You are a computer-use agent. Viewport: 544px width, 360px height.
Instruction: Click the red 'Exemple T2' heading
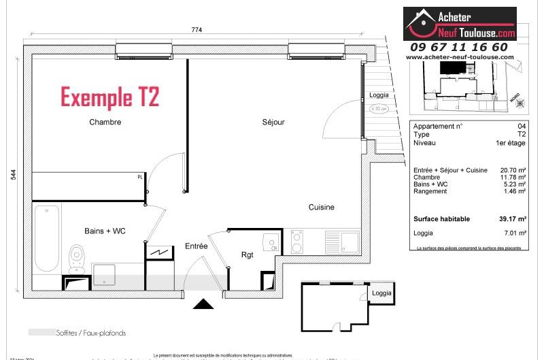pos(110,97)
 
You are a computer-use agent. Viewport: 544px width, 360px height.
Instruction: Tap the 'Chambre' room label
pos(105,122)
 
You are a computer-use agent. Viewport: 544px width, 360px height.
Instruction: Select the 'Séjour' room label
pos(273,122)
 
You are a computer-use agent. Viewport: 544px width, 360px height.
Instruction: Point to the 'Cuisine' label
pos(321,208)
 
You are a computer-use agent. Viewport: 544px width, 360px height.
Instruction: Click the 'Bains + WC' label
pos(105,231)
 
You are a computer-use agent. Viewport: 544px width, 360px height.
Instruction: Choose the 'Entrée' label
pos(197,246)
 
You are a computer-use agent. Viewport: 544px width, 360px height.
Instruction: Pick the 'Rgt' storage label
pos(247,255)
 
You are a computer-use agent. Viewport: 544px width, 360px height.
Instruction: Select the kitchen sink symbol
pos(350,241)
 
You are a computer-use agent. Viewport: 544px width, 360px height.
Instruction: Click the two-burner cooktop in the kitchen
pos(297,240)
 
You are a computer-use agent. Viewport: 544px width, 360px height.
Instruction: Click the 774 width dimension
pos(197,29)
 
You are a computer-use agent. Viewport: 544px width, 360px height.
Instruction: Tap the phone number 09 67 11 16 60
pos(458,47)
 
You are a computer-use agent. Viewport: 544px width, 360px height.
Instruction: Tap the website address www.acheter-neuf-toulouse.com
pos(460,58)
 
